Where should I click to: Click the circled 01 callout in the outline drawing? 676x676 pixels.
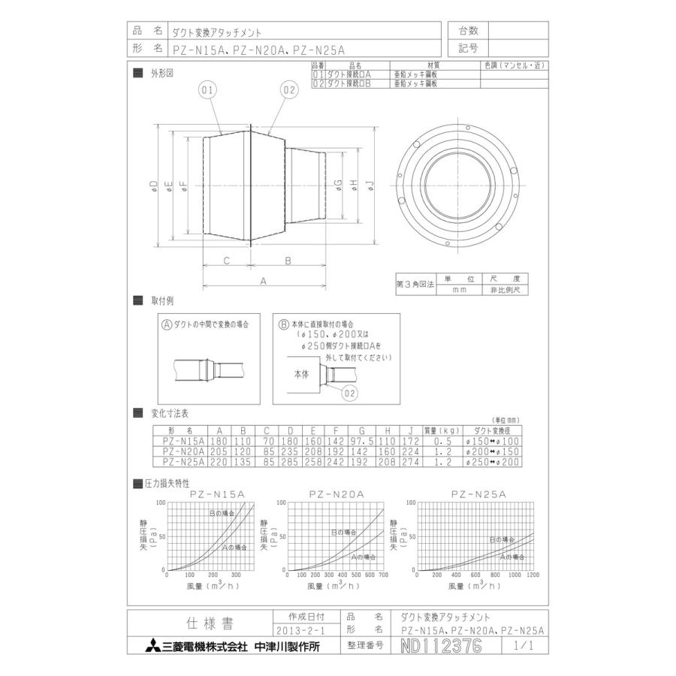point(208,90)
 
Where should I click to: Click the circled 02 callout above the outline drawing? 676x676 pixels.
point(289,90)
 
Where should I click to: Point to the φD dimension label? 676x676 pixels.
point(153,186)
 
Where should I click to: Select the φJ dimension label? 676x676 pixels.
point(371,186)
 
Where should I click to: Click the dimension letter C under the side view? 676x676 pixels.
point(226,260)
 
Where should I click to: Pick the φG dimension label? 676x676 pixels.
point(339,186)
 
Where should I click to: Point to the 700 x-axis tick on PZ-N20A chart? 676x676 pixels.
point(383,575)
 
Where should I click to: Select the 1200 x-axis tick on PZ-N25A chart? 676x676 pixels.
point(533,575)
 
